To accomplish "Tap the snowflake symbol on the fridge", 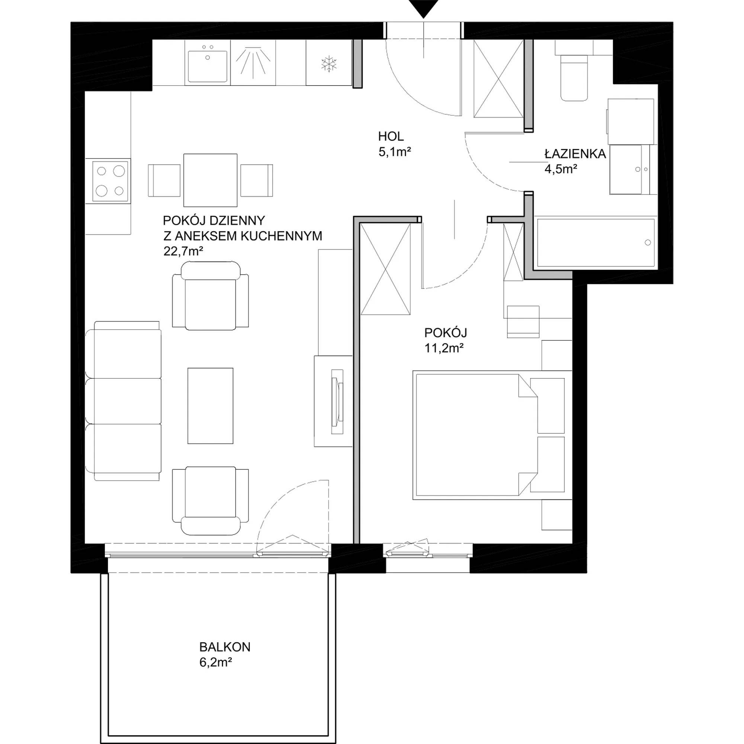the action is pyautogui.click(x=329, y=64).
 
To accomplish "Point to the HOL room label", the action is pyautogui.click(x=391, y=136).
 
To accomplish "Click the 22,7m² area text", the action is pyautogui.click(x=183, y=251).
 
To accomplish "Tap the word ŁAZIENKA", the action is pyautogui.click(x=575, y=154).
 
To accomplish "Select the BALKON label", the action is pyautogui.click(x=225, y=647).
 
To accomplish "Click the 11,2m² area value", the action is pyautogui.click(x=444, y=348).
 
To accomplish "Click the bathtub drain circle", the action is pyautogui.click(x=648, y=243).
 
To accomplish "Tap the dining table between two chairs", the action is pyautogui.click(x=210, y=180).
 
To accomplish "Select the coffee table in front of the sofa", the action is pyautogui.click(x=210, y=405).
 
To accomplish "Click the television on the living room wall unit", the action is pyautogui.click(x=337, y=402).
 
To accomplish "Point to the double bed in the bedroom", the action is pyautogui.click(x=492, y=435).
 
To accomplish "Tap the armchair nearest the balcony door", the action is pyautogui.click(x=210, y=501).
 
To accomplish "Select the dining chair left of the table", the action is pyautogui.click(x=164, y=180).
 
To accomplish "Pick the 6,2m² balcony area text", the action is pyautogui.click(x=216, y=663).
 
